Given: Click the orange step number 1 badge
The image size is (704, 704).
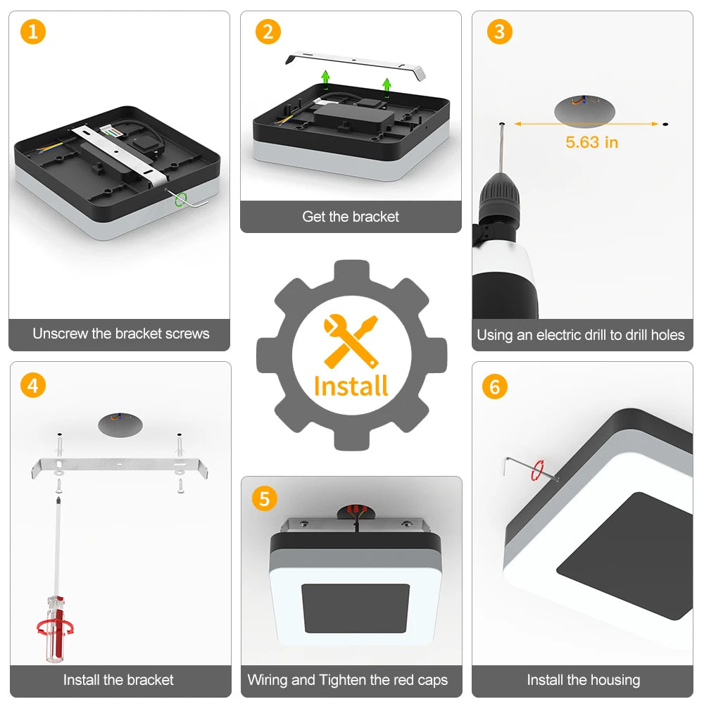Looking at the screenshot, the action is point(33,32).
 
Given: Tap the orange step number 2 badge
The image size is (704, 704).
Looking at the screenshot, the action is point(268,32).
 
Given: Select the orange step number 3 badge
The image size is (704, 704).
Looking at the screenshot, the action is point(500,32).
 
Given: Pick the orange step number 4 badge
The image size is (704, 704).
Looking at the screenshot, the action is point(33,385).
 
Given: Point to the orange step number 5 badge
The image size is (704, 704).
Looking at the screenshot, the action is point(265,499).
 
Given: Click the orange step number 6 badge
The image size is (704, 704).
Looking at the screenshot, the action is point(495,386).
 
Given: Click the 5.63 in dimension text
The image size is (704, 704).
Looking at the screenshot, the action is point(592,142).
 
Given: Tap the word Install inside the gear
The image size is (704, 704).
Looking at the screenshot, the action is point(351,386).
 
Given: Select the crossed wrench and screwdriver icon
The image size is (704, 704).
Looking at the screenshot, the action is point(351,341).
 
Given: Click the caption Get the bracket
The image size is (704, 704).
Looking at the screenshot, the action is point(351,217).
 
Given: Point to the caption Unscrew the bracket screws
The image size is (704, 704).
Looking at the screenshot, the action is point(121,334).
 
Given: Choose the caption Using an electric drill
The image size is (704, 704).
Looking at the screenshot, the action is point(581,335).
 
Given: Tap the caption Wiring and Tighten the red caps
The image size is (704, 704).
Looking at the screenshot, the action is point(348,680).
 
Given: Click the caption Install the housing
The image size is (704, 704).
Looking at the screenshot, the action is point(583,680).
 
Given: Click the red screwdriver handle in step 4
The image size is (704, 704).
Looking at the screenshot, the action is point(56,629).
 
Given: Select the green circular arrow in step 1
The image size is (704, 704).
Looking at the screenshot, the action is point(180,199).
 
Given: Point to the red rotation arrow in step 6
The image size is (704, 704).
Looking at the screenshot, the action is point(537,470).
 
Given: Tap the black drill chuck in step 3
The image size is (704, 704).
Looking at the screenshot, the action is point(499,192).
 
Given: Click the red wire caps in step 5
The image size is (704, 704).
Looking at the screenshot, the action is point(357,509).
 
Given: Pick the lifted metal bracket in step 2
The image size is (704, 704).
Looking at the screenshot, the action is point(356,65).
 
